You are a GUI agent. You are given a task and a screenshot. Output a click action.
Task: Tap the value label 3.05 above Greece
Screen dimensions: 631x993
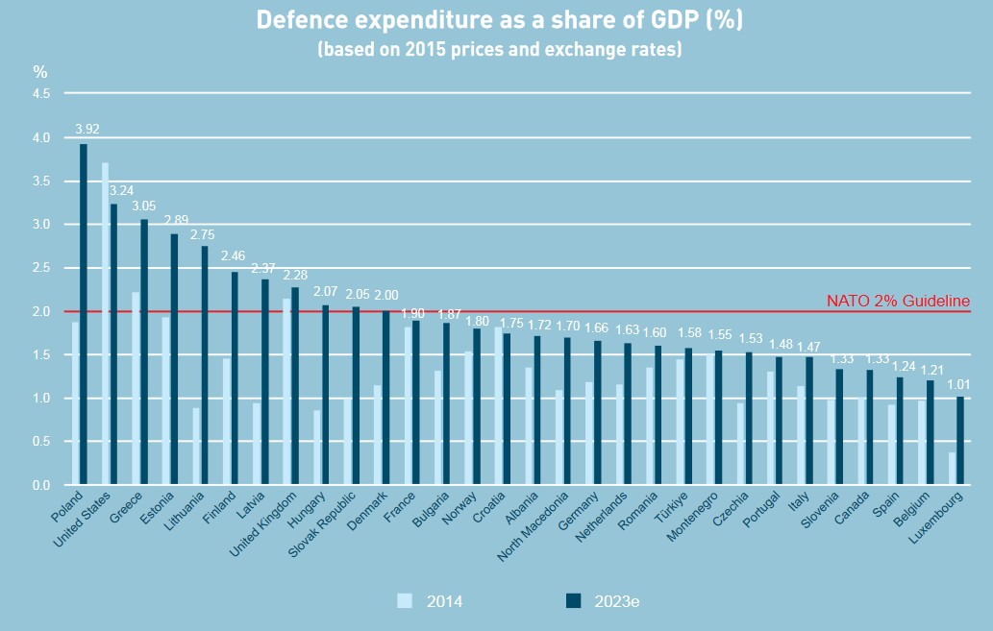(x=144, y=206)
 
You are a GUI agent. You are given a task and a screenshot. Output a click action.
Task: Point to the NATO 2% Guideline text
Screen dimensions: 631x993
(x=898, y=302)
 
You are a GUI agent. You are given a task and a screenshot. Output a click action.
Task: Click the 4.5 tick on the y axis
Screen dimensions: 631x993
(x=42, y=94)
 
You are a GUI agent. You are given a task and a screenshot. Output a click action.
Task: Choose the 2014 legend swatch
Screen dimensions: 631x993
(x=405, y=601)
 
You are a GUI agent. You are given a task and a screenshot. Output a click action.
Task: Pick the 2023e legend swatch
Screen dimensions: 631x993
(x=574, y=601)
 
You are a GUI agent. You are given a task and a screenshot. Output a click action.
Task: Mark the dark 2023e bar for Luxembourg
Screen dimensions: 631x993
(x=959, y=441)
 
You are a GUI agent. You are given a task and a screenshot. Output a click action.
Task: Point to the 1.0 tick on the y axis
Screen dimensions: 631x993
(x=42, y=399)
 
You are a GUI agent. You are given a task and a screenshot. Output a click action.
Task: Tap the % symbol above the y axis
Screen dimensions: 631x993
(x=40, y=71)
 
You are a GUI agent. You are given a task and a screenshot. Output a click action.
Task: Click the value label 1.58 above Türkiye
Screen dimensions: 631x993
(x=688, y=334)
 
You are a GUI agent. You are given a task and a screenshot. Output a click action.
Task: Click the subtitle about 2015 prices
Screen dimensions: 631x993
(x=499, y=49)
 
